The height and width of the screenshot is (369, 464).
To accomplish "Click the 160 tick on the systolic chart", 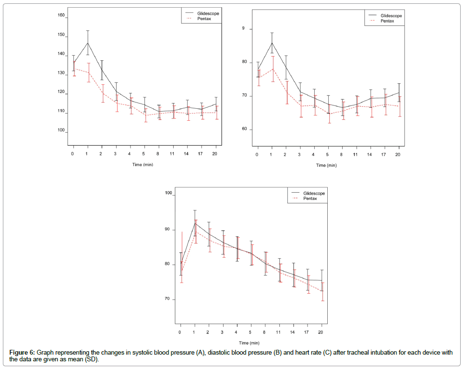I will tap(61, 15).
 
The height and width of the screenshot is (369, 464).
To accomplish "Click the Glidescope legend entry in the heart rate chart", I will tap(314, 193).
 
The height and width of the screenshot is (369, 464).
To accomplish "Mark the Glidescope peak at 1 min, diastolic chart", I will tap(272, 43).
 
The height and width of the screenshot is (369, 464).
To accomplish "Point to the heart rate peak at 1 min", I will tap(195, 223).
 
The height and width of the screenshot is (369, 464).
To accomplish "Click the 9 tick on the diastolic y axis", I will tap(243, 29).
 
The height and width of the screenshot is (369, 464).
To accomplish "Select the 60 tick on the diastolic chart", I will tap(244, 129).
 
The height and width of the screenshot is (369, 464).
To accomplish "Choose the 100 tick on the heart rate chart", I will tap(168, 194).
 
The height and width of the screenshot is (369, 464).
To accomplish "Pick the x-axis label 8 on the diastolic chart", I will tap(342, 155).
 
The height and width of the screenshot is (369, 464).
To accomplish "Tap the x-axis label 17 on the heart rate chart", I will tap(308, 332).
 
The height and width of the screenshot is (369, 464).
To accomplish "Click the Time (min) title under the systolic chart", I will tap(143, 165).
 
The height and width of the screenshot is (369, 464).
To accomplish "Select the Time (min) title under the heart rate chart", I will tap(250, 343).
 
